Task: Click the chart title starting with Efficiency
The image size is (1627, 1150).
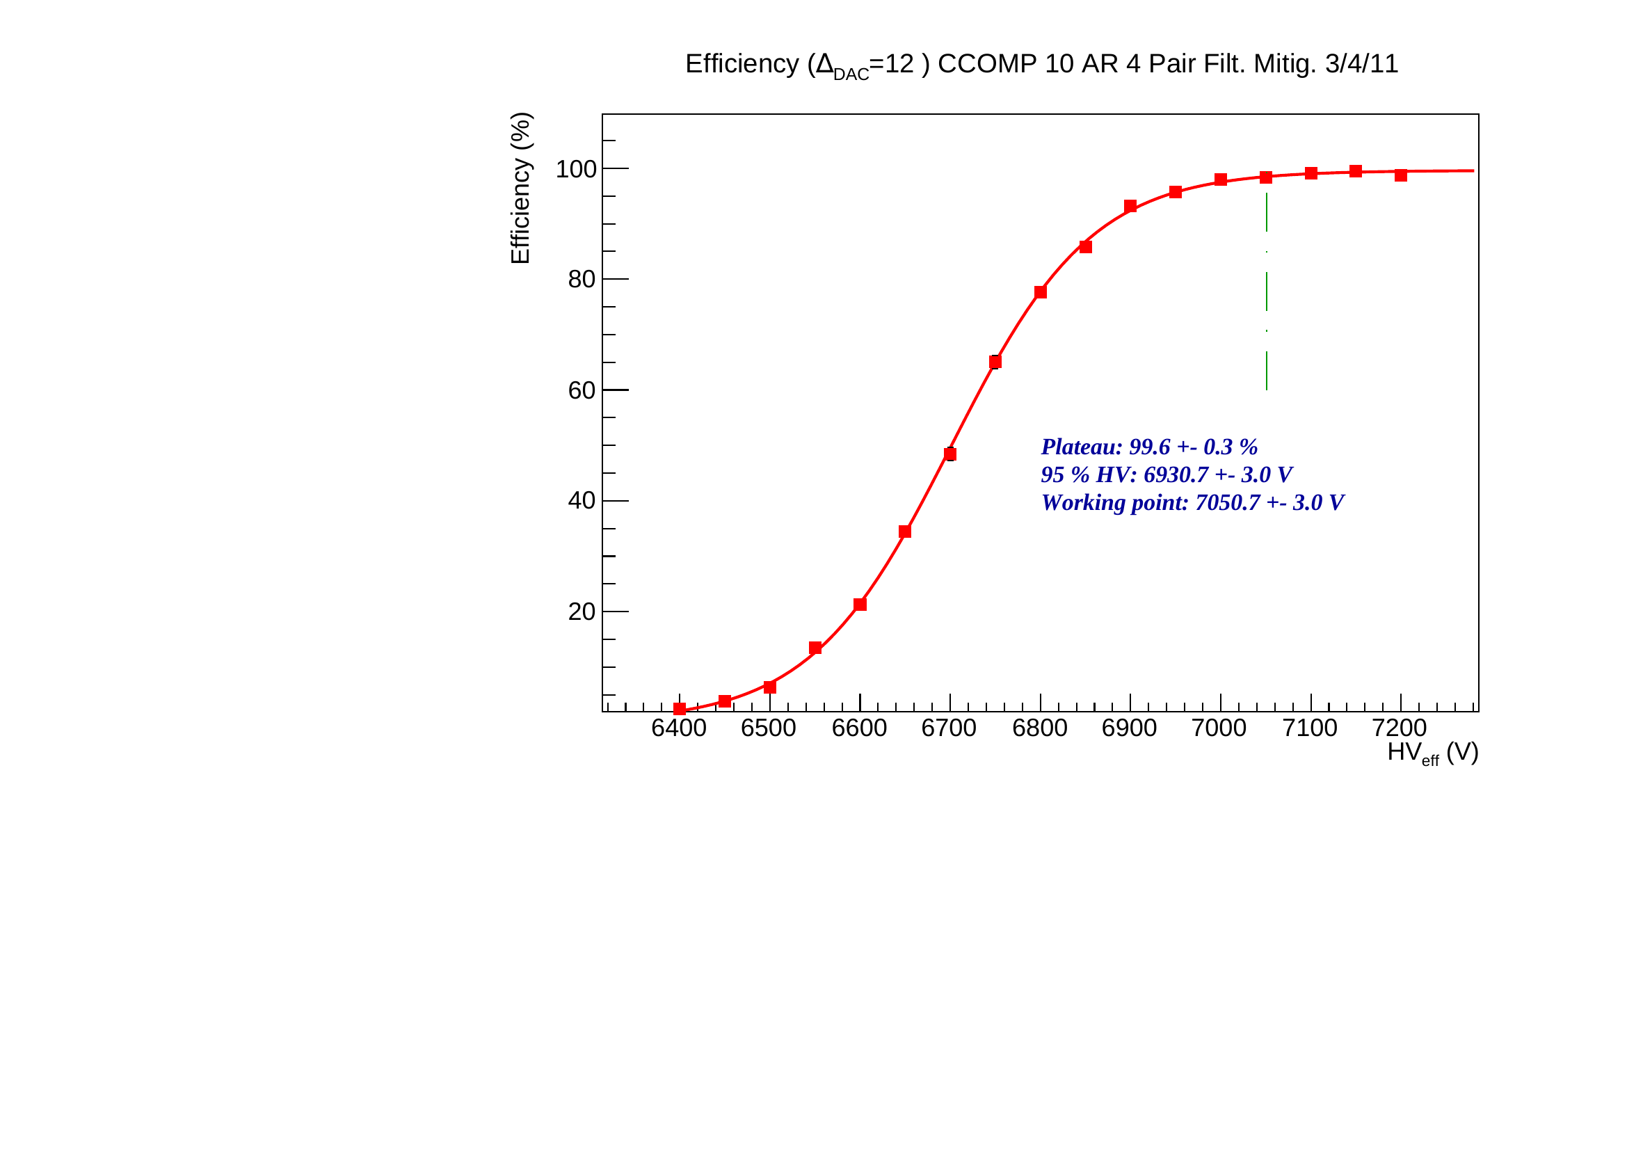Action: point(1041,65)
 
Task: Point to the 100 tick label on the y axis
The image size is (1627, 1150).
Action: point(575,169)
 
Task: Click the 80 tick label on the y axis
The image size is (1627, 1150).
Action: point(581,280)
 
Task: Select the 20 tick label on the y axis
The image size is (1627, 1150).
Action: point(581,612)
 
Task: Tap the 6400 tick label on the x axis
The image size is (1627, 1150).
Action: point(678,728)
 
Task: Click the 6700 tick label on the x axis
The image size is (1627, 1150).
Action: point(949,728)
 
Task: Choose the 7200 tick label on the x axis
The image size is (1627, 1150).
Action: point(1400,728)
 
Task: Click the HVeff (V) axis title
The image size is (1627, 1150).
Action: point(1432,753)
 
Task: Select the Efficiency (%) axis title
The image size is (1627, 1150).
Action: point(520,189)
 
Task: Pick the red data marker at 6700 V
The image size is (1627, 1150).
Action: point(950,454)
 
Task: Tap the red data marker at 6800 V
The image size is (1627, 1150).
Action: point(1040,292)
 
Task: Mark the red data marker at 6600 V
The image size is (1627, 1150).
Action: point(860,605)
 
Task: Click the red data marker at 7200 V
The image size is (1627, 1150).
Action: point(1401,175)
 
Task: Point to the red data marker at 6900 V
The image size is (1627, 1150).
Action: point(1130,206)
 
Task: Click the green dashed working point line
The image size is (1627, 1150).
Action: point(1266,291)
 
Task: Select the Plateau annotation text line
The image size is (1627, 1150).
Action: point(1148,447)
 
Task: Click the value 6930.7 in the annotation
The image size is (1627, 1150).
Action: point(1176,474)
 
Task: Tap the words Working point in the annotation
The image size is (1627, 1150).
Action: point(1114,502)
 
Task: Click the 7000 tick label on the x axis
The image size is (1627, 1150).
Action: point(1219,728)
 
